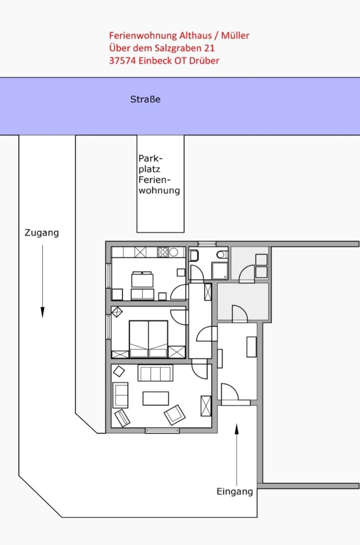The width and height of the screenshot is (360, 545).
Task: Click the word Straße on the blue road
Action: (x=146, y=99)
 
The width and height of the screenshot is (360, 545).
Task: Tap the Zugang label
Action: (x=42, y=233)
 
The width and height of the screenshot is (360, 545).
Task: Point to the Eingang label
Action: (x=235, y=492)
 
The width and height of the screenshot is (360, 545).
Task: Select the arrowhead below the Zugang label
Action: (x=43, y=312)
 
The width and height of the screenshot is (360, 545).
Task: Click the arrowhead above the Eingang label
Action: (x=237, y=429)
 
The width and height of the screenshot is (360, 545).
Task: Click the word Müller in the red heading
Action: (x=235, y=36)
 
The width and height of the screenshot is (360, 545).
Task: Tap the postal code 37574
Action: (x=122, y=61)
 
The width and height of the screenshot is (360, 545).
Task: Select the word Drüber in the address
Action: (x=204, y=61)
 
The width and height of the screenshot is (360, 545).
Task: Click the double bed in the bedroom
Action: (x=149, y=339)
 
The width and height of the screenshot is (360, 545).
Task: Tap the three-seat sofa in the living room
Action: (x=155, y=373)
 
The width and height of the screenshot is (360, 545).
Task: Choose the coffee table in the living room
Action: (x=156, y=398)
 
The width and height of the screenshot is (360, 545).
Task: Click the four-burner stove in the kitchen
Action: (x=163, y=252)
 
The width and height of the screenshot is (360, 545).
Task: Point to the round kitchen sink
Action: (x=174, y=252)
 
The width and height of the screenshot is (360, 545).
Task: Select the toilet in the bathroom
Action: (x=222, y=255)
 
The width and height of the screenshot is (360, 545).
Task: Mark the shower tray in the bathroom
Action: (x=220, y=270)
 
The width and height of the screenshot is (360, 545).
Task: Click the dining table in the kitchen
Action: (x=143, y=280)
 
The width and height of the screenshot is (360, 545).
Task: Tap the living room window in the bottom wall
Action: (x=162, y=431)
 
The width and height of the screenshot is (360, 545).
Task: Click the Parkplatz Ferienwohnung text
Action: (x=159, y=174)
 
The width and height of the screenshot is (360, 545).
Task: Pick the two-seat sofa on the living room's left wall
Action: (x=120, y=395)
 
